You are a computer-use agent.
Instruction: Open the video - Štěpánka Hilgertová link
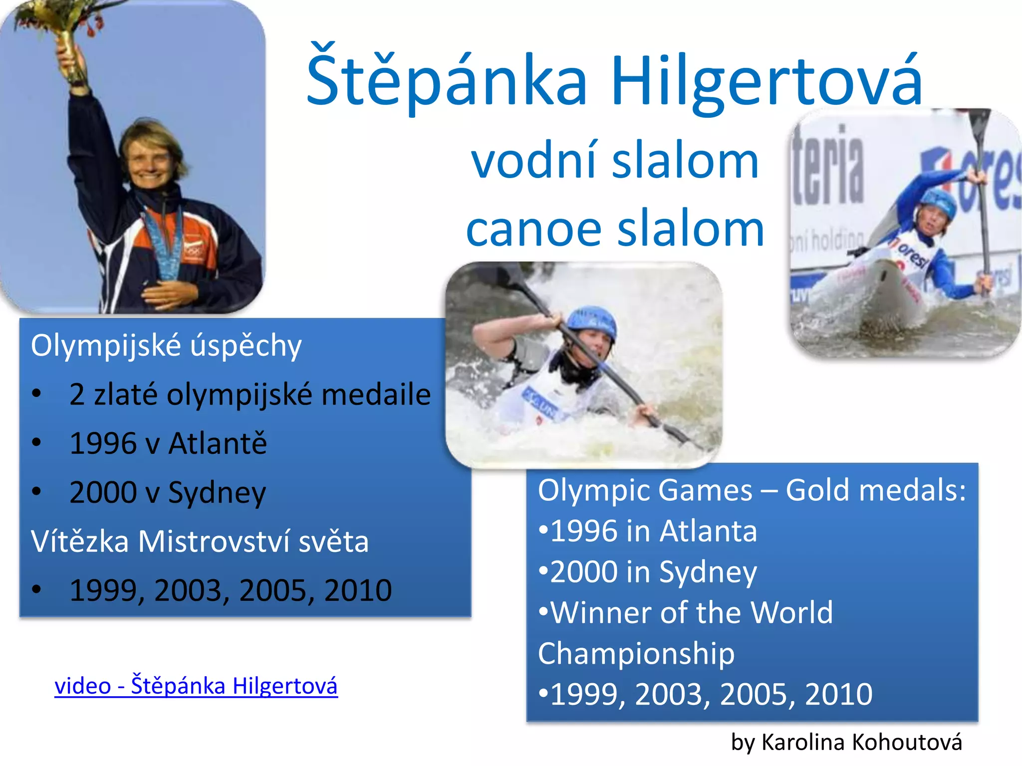tap(196, 686)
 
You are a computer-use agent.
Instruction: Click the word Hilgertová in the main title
tap(766, 81)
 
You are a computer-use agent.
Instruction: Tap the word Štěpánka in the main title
tap(447, 81)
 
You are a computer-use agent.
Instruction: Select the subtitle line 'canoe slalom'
tap(615, 229)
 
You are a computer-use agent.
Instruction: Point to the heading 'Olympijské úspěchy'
tap(166, 345)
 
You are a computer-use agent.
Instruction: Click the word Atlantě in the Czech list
tap(218, 443)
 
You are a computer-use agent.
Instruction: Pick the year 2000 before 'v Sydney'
tap(103, 492)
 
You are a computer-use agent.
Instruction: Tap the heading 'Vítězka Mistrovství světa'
tap(200, 541)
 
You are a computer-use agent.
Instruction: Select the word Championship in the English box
tap(636, 653)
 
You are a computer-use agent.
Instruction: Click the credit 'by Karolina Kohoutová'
tap(846, 742)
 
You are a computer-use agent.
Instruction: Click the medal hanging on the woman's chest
tap(168, 259)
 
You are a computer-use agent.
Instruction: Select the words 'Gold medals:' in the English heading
tap(876, 490)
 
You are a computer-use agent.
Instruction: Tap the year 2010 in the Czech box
tap(358, 590)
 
